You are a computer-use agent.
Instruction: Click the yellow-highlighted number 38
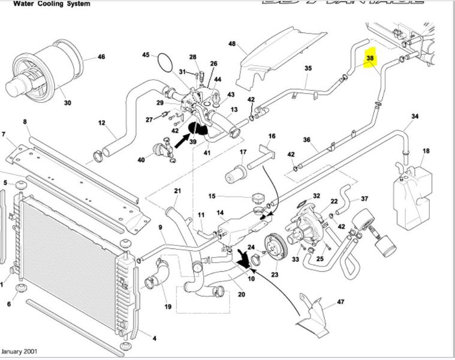(370, 59)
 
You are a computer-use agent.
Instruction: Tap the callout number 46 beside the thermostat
(101, 58)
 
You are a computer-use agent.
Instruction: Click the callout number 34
(415, 116)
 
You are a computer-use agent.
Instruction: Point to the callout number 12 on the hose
(102, 124)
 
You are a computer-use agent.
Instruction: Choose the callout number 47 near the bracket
(341, 302)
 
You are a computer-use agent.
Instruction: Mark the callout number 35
(308, 68)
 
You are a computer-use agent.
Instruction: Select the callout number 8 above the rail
(25, 122)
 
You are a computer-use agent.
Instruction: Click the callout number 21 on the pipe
(177, 191)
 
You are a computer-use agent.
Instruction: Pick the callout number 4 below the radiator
(154, 338)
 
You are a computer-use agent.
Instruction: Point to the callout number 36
(307, 140)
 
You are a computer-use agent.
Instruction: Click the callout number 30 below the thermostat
(67, 103)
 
